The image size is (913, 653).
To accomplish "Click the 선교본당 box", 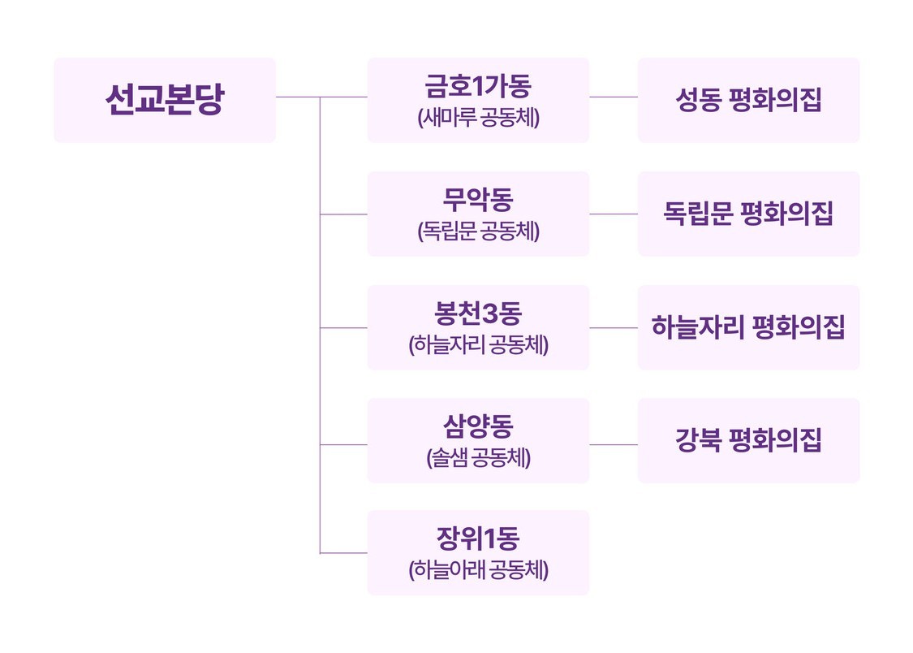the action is (x=165, y=100).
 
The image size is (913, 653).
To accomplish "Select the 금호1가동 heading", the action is (x=478, y=86).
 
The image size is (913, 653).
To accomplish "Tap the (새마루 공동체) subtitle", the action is (x=478, y=118).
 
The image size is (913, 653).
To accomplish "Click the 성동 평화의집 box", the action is (x=748, y=100).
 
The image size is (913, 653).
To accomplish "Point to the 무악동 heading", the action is (x=478, y=200).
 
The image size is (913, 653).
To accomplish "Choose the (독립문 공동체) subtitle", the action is (x=478, y=231).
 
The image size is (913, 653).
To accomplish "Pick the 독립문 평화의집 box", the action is (x=748, y=214).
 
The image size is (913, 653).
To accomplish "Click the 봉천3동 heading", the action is (x=478, y=314).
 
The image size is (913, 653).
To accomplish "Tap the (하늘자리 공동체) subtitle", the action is (x=478, y=345).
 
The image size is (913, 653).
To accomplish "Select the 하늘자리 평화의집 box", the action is (x=748, y=327).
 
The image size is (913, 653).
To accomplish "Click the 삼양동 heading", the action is (x=478, y=426).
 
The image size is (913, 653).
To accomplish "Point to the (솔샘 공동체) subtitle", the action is (x=478, y=458).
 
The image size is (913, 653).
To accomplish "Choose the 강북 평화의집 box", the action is (x=748, y=440).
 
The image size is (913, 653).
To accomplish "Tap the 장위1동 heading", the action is (x=478, y=538).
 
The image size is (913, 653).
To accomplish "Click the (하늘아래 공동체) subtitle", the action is (x=478, y=569).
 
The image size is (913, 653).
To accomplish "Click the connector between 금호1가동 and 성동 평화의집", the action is (x=614, y=97).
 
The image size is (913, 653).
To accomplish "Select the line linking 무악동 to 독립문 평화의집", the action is (x=614, y=214).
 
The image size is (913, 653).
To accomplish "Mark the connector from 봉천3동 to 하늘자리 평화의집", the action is (x=614, y=328).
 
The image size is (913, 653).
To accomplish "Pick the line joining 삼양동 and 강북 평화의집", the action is (x=614, y=444).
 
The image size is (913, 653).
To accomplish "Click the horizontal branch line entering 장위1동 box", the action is (x=343, y=553).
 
